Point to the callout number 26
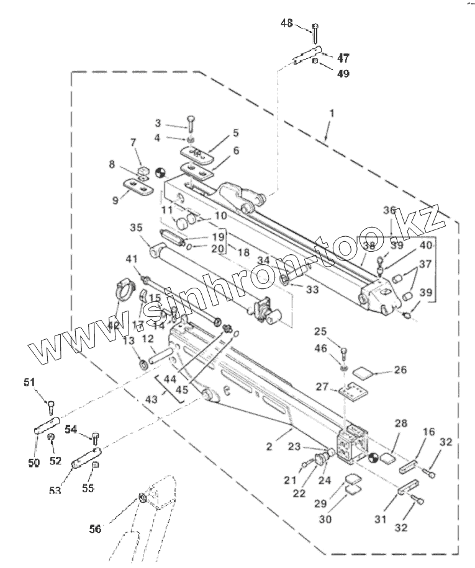point(400,370)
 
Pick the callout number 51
point(30,383)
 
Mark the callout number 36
point(389,211)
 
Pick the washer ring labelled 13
point(142,363)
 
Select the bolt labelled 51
point(51,407)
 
